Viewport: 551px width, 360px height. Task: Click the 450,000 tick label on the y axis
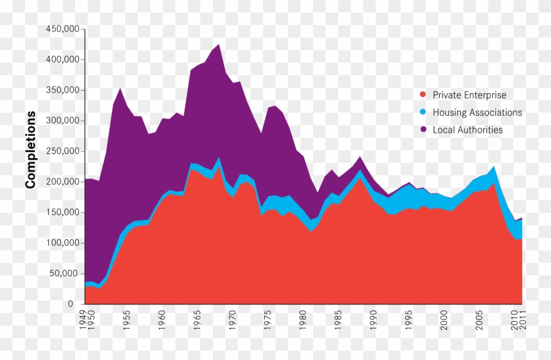point(63,29)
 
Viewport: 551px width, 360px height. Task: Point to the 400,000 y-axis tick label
point(63,60)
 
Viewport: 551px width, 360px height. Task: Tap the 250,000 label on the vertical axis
point(63,152)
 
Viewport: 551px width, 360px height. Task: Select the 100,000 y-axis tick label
point(63,243)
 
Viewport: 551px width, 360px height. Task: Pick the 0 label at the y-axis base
point(78,304)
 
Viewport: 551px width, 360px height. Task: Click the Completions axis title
point(30,150)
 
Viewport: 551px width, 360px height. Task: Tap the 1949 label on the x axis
point(82,317)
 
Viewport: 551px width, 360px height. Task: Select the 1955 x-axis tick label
point(127,317)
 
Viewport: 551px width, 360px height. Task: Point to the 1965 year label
point(198,317)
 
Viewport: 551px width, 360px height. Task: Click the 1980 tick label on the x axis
point(304,317)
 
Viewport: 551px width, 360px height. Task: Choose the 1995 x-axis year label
point(409,317)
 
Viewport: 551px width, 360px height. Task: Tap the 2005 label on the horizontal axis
point(480,317)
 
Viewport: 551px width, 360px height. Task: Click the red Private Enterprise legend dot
point(423,95)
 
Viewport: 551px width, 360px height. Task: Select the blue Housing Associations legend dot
point(423,113)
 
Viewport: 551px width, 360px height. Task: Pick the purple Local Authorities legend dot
point(423,130)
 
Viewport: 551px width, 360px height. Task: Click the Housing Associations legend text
point(477,113)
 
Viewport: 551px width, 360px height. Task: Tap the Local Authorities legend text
point(468,130)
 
